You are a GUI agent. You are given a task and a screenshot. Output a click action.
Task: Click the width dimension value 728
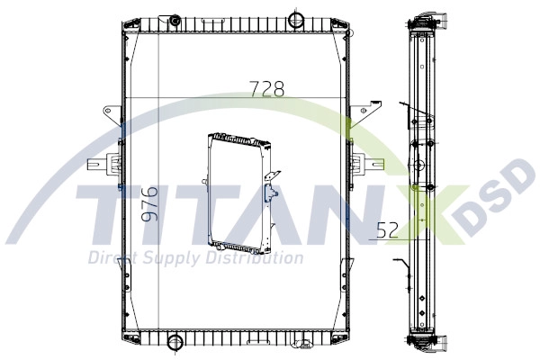[266, 88]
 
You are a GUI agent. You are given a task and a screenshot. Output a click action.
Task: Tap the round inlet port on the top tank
[296, 18]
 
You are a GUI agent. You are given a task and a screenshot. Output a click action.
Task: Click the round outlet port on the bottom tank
[175, 342]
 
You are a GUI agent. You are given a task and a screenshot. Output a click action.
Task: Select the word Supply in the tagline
[170, 259]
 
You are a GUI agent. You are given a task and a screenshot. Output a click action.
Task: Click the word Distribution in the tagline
[256, 259]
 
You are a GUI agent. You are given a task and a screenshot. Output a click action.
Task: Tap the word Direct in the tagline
[110, 259]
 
